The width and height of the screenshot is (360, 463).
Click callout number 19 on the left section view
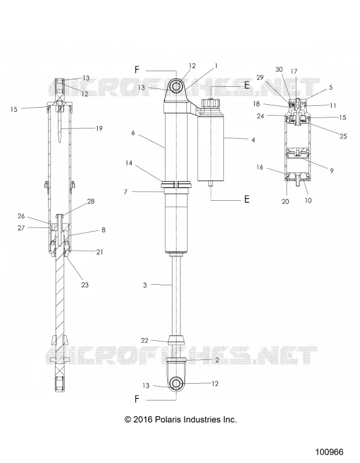tap(99, 128)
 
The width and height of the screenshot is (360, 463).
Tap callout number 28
tap(91, 201)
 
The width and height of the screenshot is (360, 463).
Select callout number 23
tap(85, 285)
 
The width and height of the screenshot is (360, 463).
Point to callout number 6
tap(133, 133)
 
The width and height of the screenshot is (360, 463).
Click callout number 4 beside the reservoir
tap(253, 140)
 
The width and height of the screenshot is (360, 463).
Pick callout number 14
tap(128, 163)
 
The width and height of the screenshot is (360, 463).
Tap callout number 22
tap(145, 340)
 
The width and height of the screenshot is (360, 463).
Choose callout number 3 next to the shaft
tap(145, 285)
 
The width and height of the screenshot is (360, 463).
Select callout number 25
tap(343, 137)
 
